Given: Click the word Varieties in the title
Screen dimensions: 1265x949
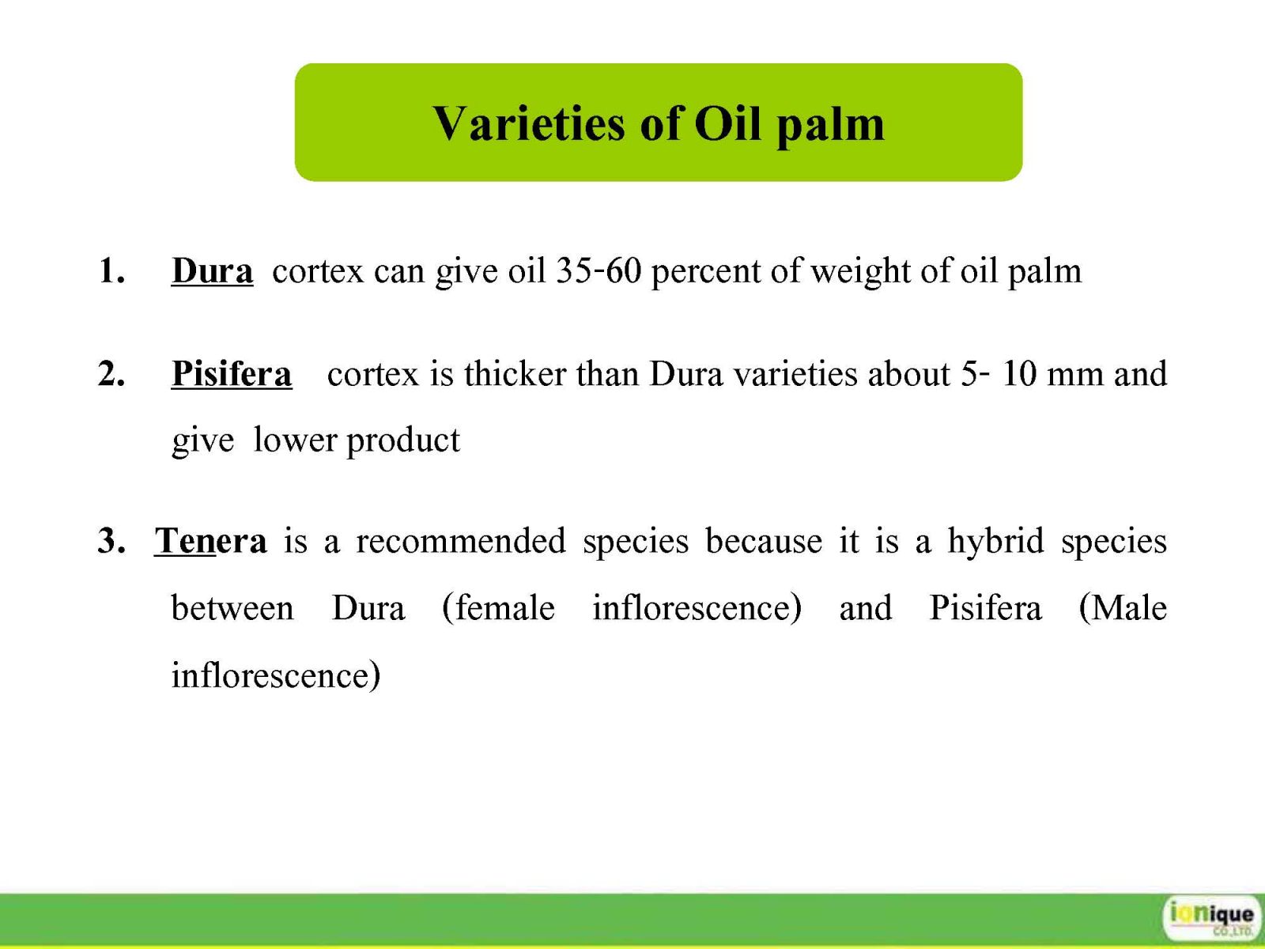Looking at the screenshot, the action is (528, 124).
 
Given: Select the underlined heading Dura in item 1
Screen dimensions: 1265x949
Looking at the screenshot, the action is (212, 270).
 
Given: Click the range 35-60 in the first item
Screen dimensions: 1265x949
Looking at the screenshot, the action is (599, 270).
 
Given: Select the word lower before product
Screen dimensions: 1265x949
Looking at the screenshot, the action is (295, 440).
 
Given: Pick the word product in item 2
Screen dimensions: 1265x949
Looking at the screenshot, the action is (403, 442).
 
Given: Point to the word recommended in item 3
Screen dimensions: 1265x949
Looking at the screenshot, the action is (461, 541).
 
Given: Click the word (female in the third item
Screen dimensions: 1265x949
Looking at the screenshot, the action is (499, 608).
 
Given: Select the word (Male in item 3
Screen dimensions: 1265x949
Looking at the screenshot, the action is (1123, 608).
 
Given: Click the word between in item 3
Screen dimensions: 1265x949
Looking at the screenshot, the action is (232, 608).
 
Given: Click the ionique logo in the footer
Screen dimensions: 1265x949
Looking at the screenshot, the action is (1210, 917).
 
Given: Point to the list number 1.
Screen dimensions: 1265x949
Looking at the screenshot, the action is (111, 270).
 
